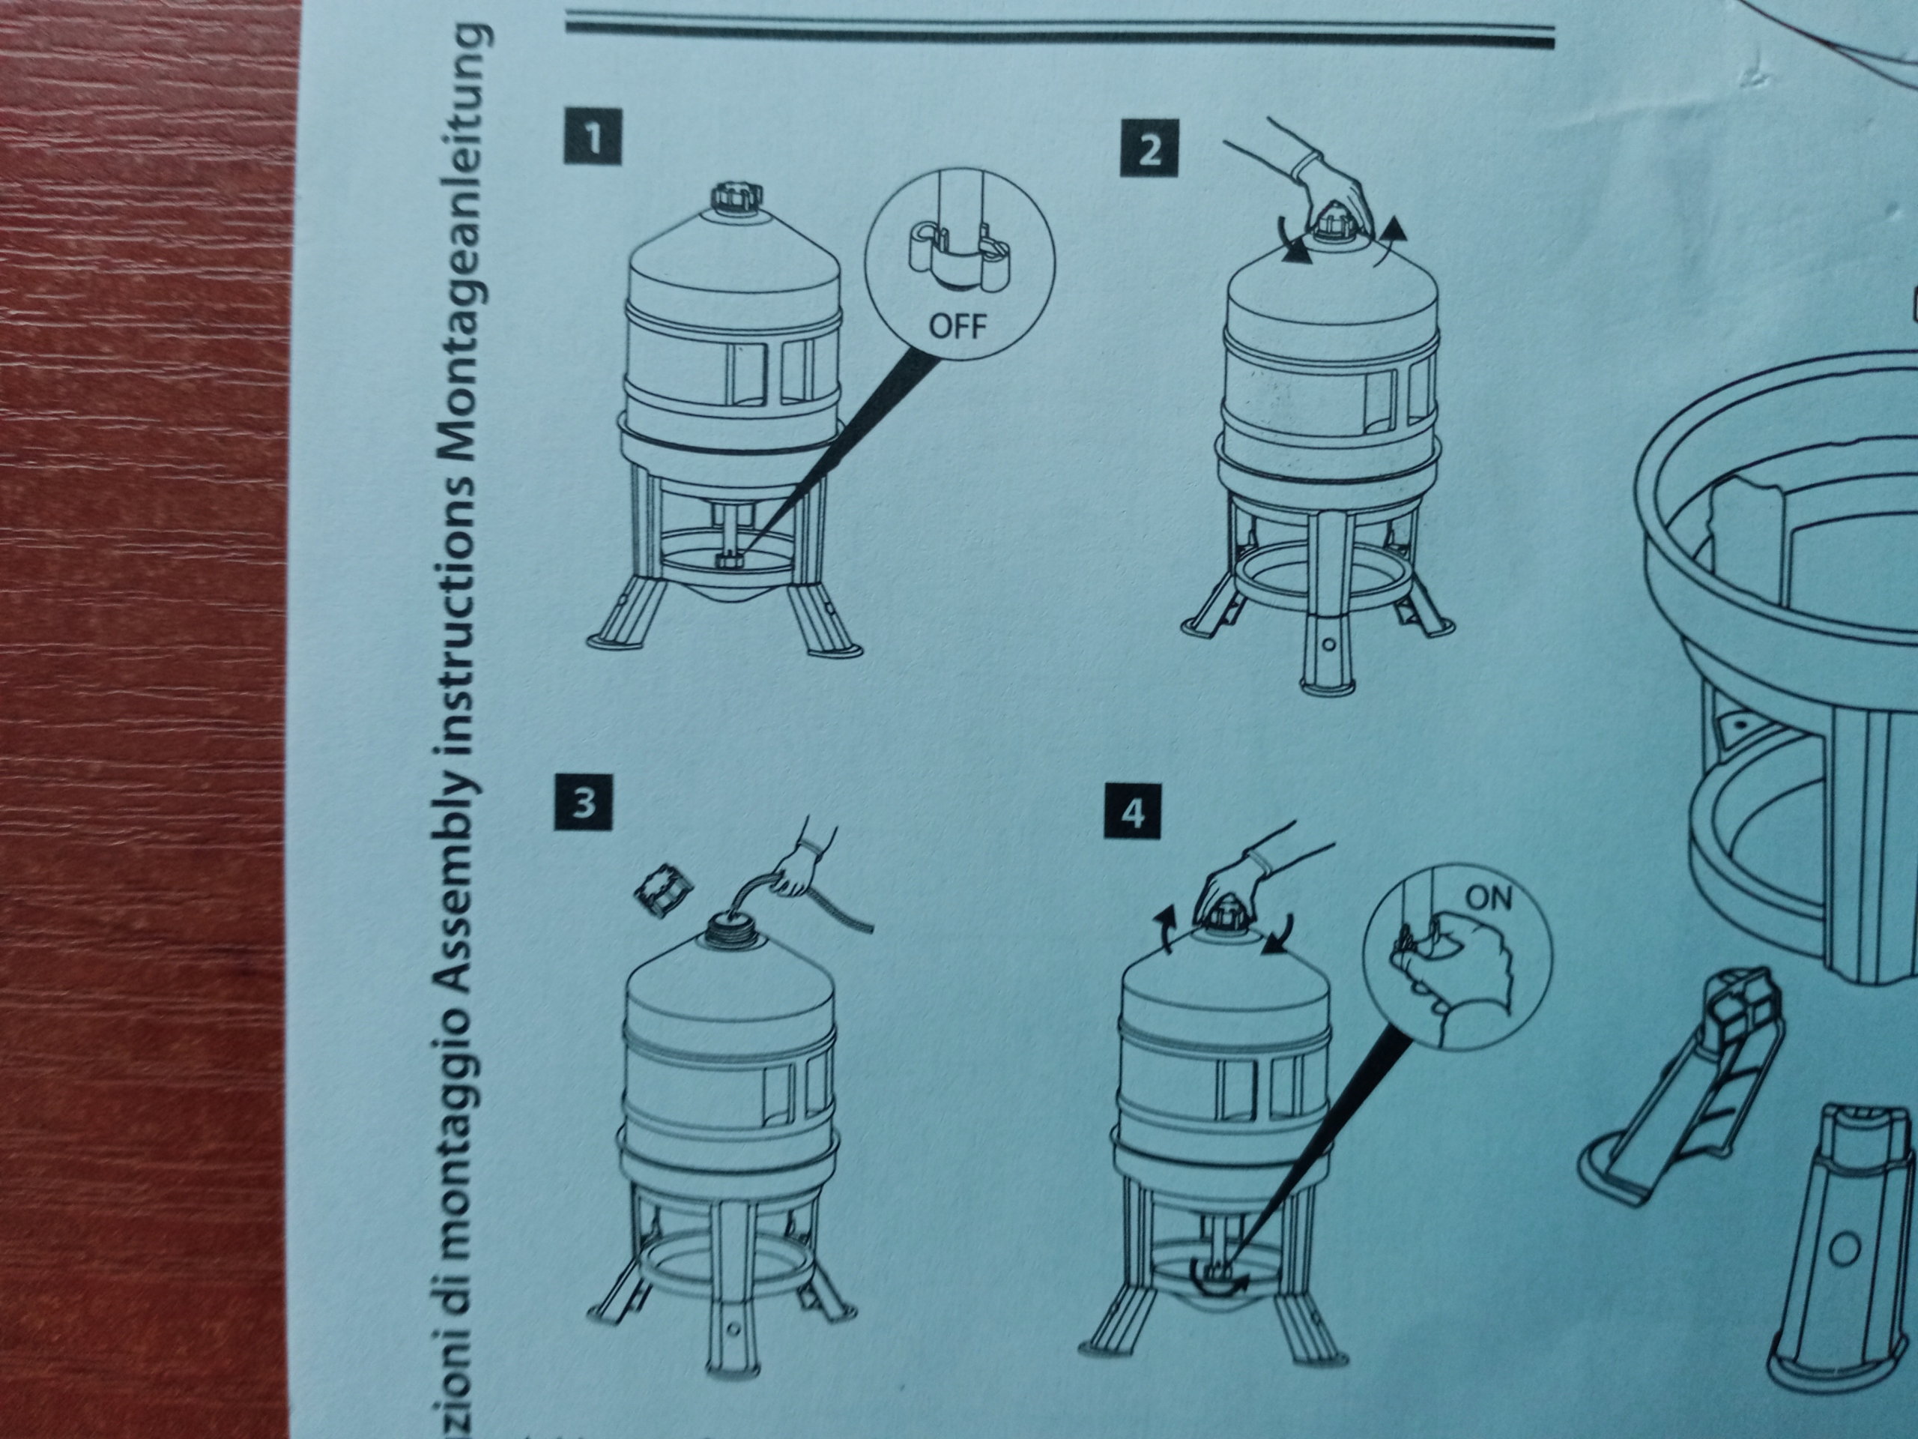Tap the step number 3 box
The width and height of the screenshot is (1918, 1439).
pyautogui.click(x=584, y=803)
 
